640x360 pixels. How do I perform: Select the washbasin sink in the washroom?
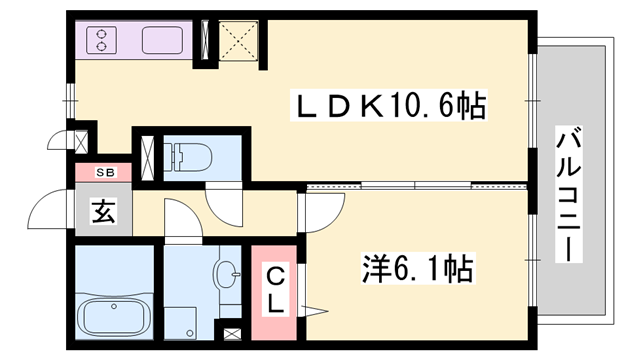(x=227, y=272)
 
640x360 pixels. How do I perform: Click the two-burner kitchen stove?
(x=103, y=40)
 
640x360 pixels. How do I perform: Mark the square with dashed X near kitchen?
(x=238, y=42)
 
